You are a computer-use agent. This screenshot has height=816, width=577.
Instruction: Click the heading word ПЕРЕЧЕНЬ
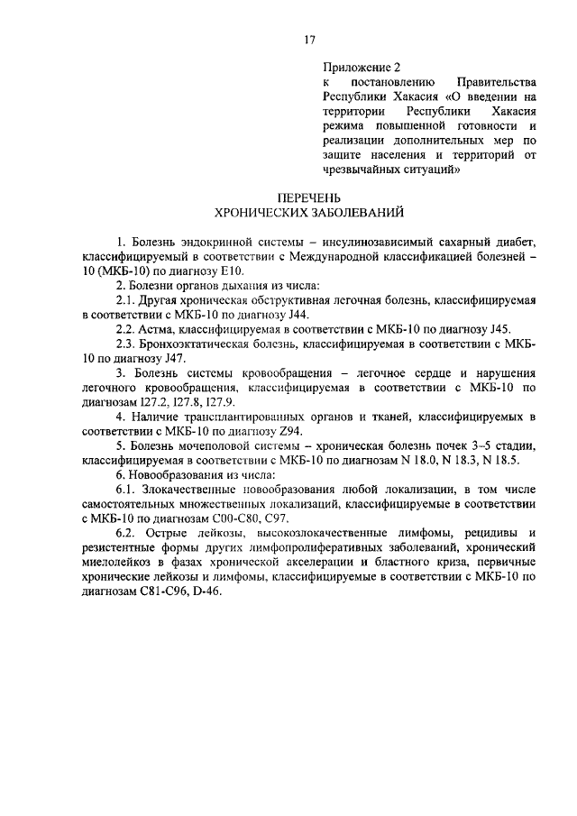(x=309, y=198)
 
